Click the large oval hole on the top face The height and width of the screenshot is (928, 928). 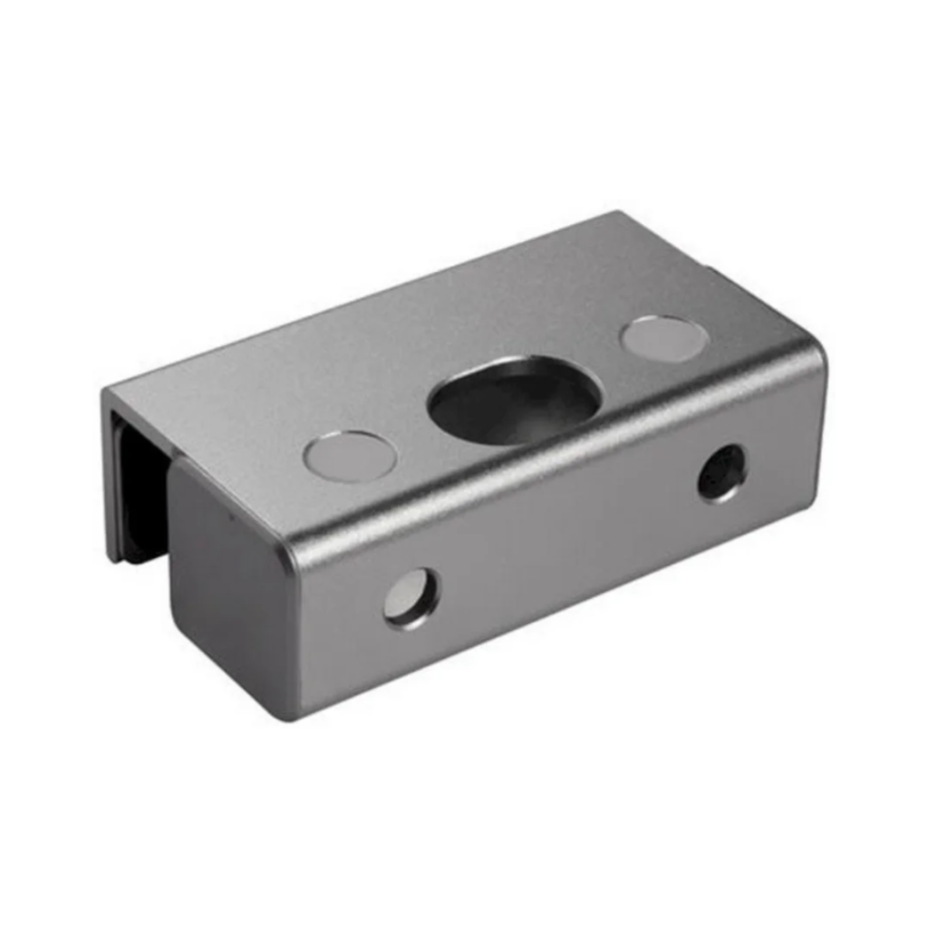click(514, 401)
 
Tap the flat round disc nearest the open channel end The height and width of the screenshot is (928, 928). click(350, 456)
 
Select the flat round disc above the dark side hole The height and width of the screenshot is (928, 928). click(664, 338)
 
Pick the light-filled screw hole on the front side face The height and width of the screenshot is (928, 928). click(411, 598)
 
